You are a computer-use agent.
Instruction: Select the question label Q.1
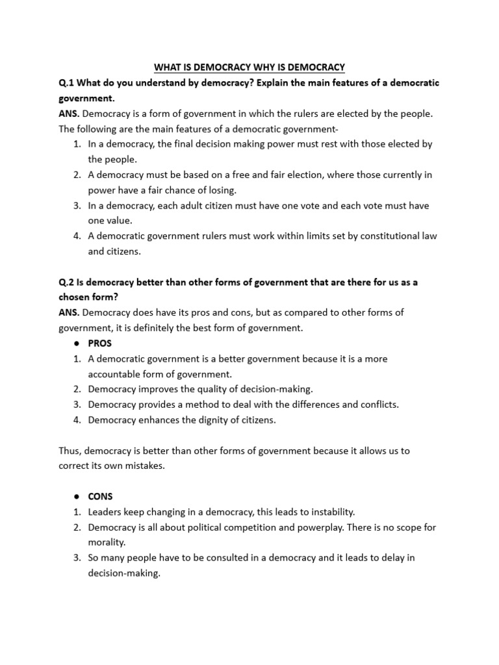[66, 83]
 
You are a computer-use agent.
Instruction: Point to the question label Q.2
[66, 282]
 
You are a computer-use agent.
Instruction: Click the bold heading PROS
[100, 343]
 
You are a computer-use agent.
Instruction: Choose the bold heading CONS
[101, 497]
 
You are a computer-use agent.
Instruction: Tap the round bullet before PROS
[77, 344]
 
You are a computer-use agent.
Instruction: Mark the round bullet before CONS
[77, 497]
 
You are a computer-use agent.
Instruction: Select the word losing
[221, 190]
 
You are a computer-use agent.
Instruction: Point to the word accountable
[114, 374]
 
